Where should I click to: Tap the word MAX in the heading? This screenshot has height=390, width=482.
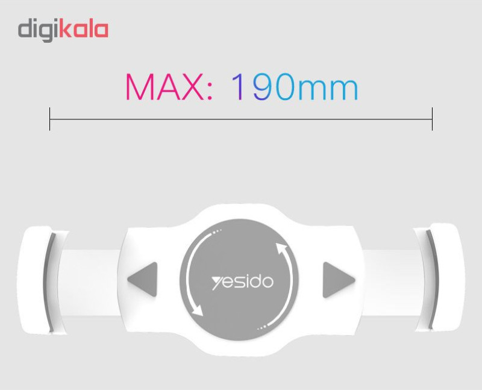(164, 87)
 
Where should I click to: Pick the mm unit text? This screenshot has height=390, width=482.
(328, 89)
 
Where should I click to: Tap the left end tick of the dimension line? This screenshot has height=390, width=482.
(49, 119)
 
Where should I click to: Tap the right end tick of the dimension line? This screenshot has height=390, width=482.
(432, 119)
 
